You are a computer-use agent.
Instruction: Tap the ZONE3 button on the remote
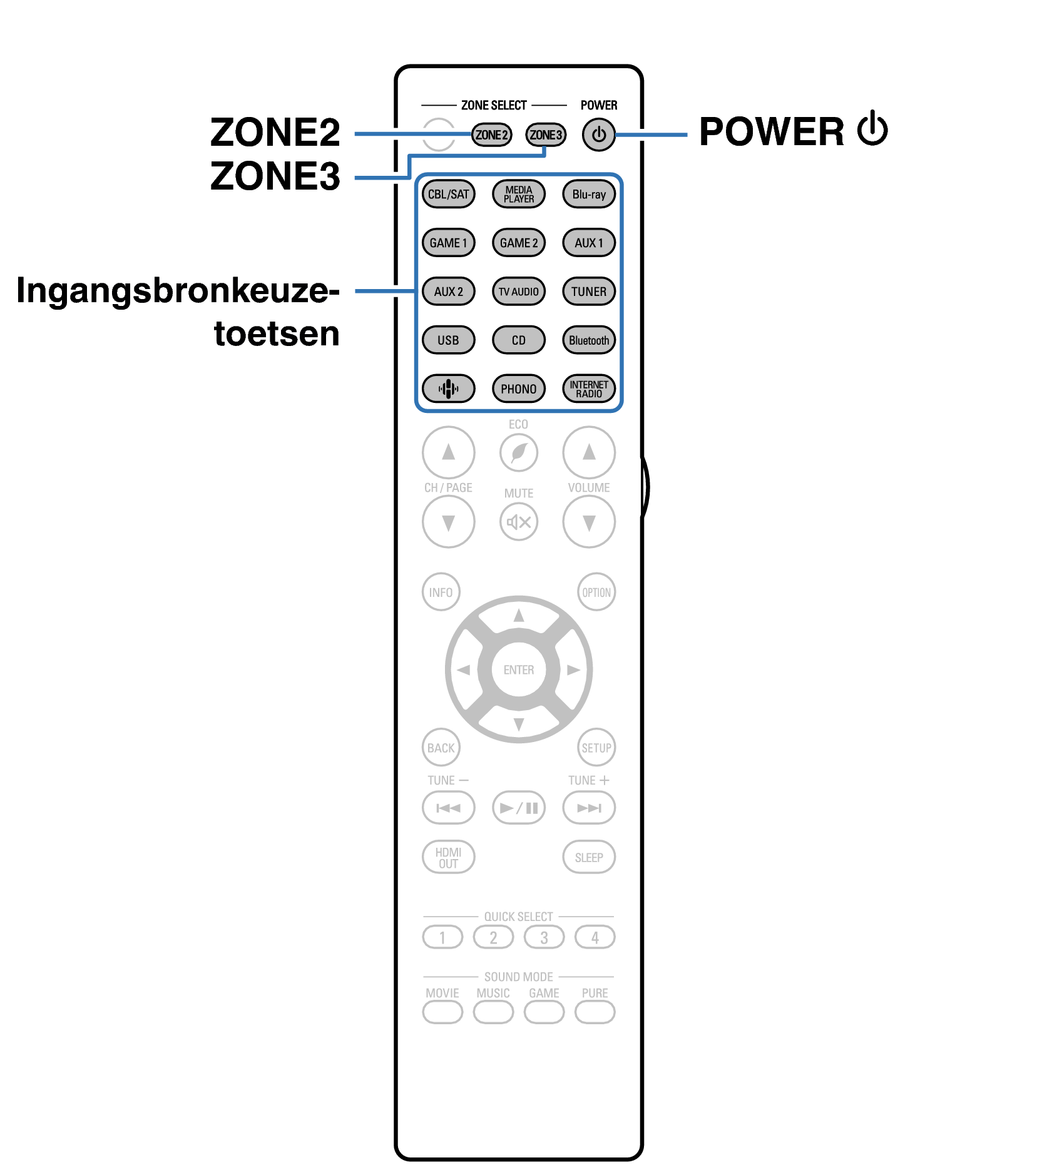tap(546, 135)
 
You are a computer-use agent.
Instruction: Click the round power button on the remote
tap(599, 135)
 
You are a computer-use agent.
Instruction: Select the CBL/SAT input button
tap(448, 194)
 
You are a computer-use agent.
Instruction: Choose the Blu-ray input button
tap(589, 194)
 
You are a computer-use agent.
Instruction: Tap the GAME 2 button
tap(519, 243)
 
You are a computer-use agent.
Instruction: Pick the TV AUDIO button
tap(519, 292)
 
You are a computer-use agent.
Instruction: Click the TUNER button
tap(589, 292)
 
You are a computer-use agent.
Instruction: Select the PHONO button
tap(519, 389)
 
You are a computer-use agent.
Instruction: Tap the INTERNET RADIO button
tap(589, 389)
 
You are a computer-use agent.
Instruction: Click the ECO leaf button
tap(519, 452)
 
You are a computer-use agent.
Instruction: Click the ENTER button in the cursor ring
tap(519, 669)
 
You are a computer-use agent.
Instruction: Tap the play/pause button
tap(519, 808)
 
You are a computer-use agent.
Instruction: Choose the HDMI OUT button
tap(448, 857)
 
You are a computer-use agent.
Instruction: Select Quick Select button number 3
tap(544, 937)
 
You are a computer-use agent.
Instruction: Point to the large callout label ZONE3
tap(275, 176)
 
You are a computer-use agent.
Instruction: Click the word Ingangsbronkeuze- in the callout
tap(178, 291)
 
